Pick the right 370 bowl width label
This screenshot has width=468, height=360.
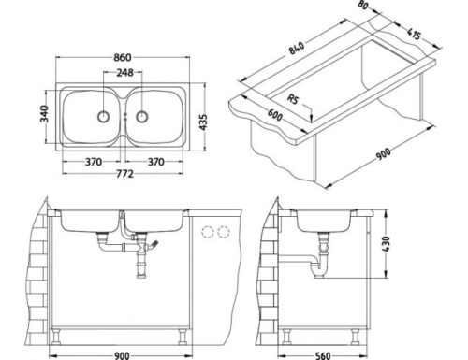pyautogui.click(x=156, y=161)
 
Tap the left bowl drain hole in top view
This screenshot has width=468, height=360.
pyautogui.click(x=102, y=116)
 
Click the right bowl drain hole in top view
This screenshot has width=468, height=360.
pyautogui.click(x=143, y=116)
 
